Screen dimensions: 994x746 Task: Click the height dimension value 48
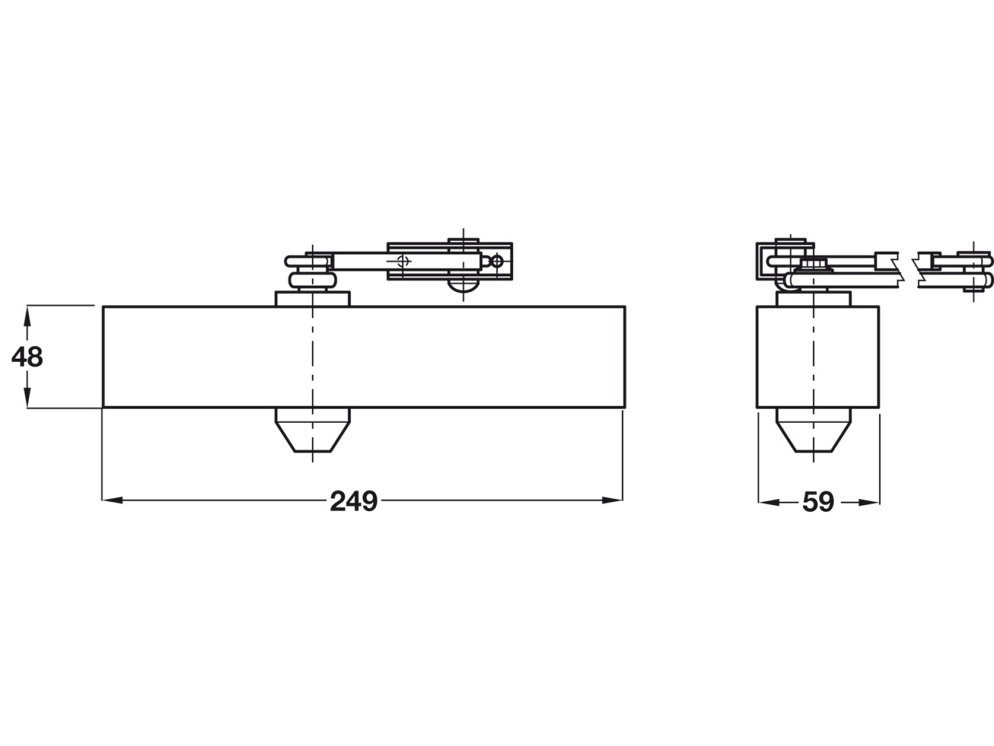click(27, 357)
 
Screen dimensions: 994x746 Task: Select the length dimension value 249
click(353, 501)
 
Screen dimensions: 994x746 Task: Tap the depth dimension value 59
click(818, 502)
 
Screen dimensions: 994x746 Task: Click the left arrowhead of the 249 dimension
click(113, 500)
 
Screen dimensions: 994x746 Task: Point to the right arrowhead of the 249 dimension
click(612, 500)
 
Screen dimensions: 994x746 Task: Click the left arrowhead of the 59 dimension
click(769, 502)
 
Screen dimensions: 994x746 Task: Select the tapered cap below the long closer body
click(313, 430)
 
